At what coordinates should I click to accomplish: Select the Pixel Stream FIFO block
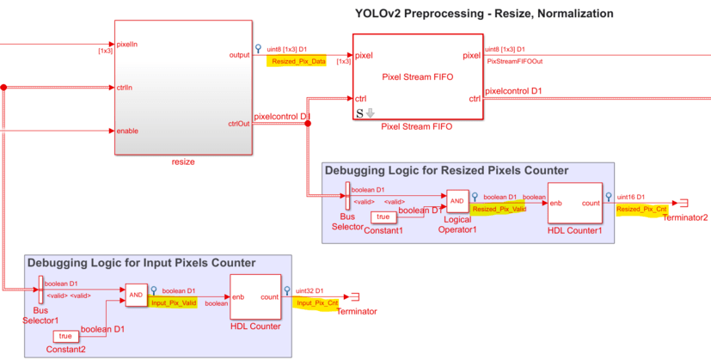point(417,77)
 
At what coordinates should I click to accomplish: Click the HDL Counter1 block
point(575,208)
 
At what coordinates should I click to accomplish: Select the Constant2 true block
point(64,336)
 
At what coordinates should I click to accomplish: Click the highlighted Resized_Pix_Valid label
point(500,209)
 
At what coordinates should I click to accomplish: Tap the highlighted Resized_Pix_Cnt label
point(641,209)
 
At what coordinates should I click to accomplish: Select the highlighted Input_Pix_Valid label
point(174,302)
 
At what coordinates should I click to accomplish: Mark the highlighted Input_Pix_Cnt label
point(316,303)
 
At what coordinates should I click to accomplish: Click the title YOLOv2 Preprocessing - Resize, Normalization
point(484,14)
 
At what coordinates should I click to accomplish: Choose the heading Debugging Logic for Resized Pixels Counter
point(446,171)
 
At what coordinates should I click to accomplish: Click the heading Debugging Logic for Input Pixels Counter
point(141,263)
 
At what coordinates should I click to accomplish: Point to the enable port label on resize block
point(127,131)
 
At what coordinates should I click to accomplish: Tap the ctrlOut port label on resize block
point(239,123)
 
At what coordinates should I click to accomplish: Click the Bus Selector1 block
point(41,290)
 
